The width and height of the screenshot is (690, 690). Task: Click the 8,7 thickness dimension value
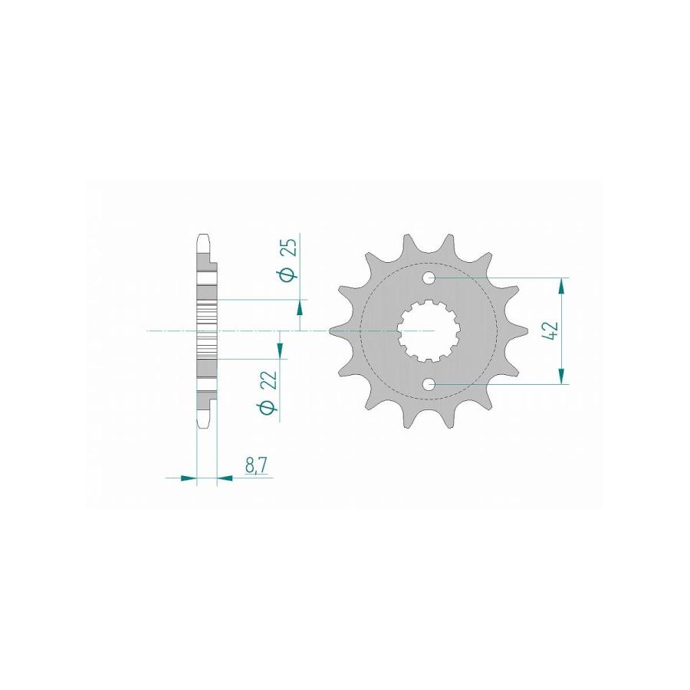(255, 465)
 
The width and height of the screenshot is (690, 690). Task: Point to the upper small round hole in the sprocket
(429, 278)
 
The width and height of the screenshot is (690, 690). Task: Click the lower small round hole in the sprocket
(429, 385)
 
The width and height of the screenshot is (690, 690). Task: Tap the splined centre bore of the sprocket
(429, 331)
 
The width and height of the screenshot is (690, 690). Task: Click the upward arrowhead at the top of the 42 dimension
(561, 286)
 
